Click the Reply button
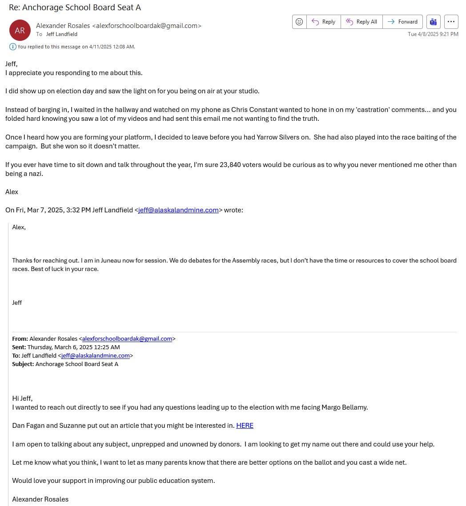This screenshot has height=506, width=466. [323, 22]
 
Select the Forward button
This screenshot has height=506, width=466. [402, 22]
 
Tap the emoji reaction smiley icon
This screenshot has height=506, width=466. [299, 22]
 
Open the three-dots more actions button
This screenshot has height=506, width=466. [451, 22]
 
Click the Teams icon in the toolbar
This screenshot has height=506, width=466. [433, 22]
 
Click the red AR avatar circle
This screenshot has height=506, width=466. [20, 30]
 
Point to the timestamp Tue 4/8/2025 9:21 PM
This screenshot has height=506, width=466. [433, 34]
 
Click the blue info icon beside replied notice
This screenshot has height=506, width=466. [12, 47]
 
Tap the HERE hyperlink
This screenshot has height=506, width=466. [245, 426]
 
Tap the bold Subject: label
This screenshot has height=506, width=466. [23, 364]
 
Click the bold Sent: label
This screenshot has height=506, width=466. [19, 347]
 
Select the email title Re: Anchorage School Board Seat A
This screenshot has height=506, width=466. [75, 8]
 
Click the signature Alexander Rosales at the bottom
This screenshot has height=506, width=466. [40, 499]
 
